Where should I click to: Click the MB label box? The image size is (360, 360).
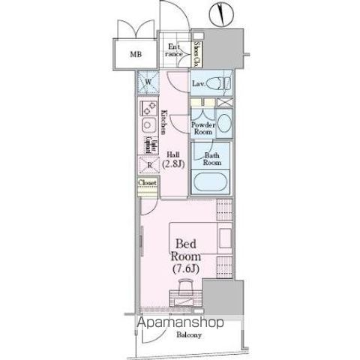[x=136, y=54]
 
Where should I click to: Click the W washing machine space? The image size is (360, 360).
[x=148, y=83]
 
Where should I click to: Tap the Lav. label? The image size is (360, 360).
[x=199, y=83]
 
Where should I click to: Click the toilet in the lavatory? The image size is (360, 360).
[x=222, y=82]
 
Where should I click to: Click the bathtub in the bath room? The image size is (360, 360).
[x=212, y=182]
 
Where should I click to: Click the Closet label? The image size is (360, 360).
[x=146, y=182]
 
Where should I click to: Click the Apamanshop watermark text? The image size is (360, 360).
[x=180, y=323]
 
